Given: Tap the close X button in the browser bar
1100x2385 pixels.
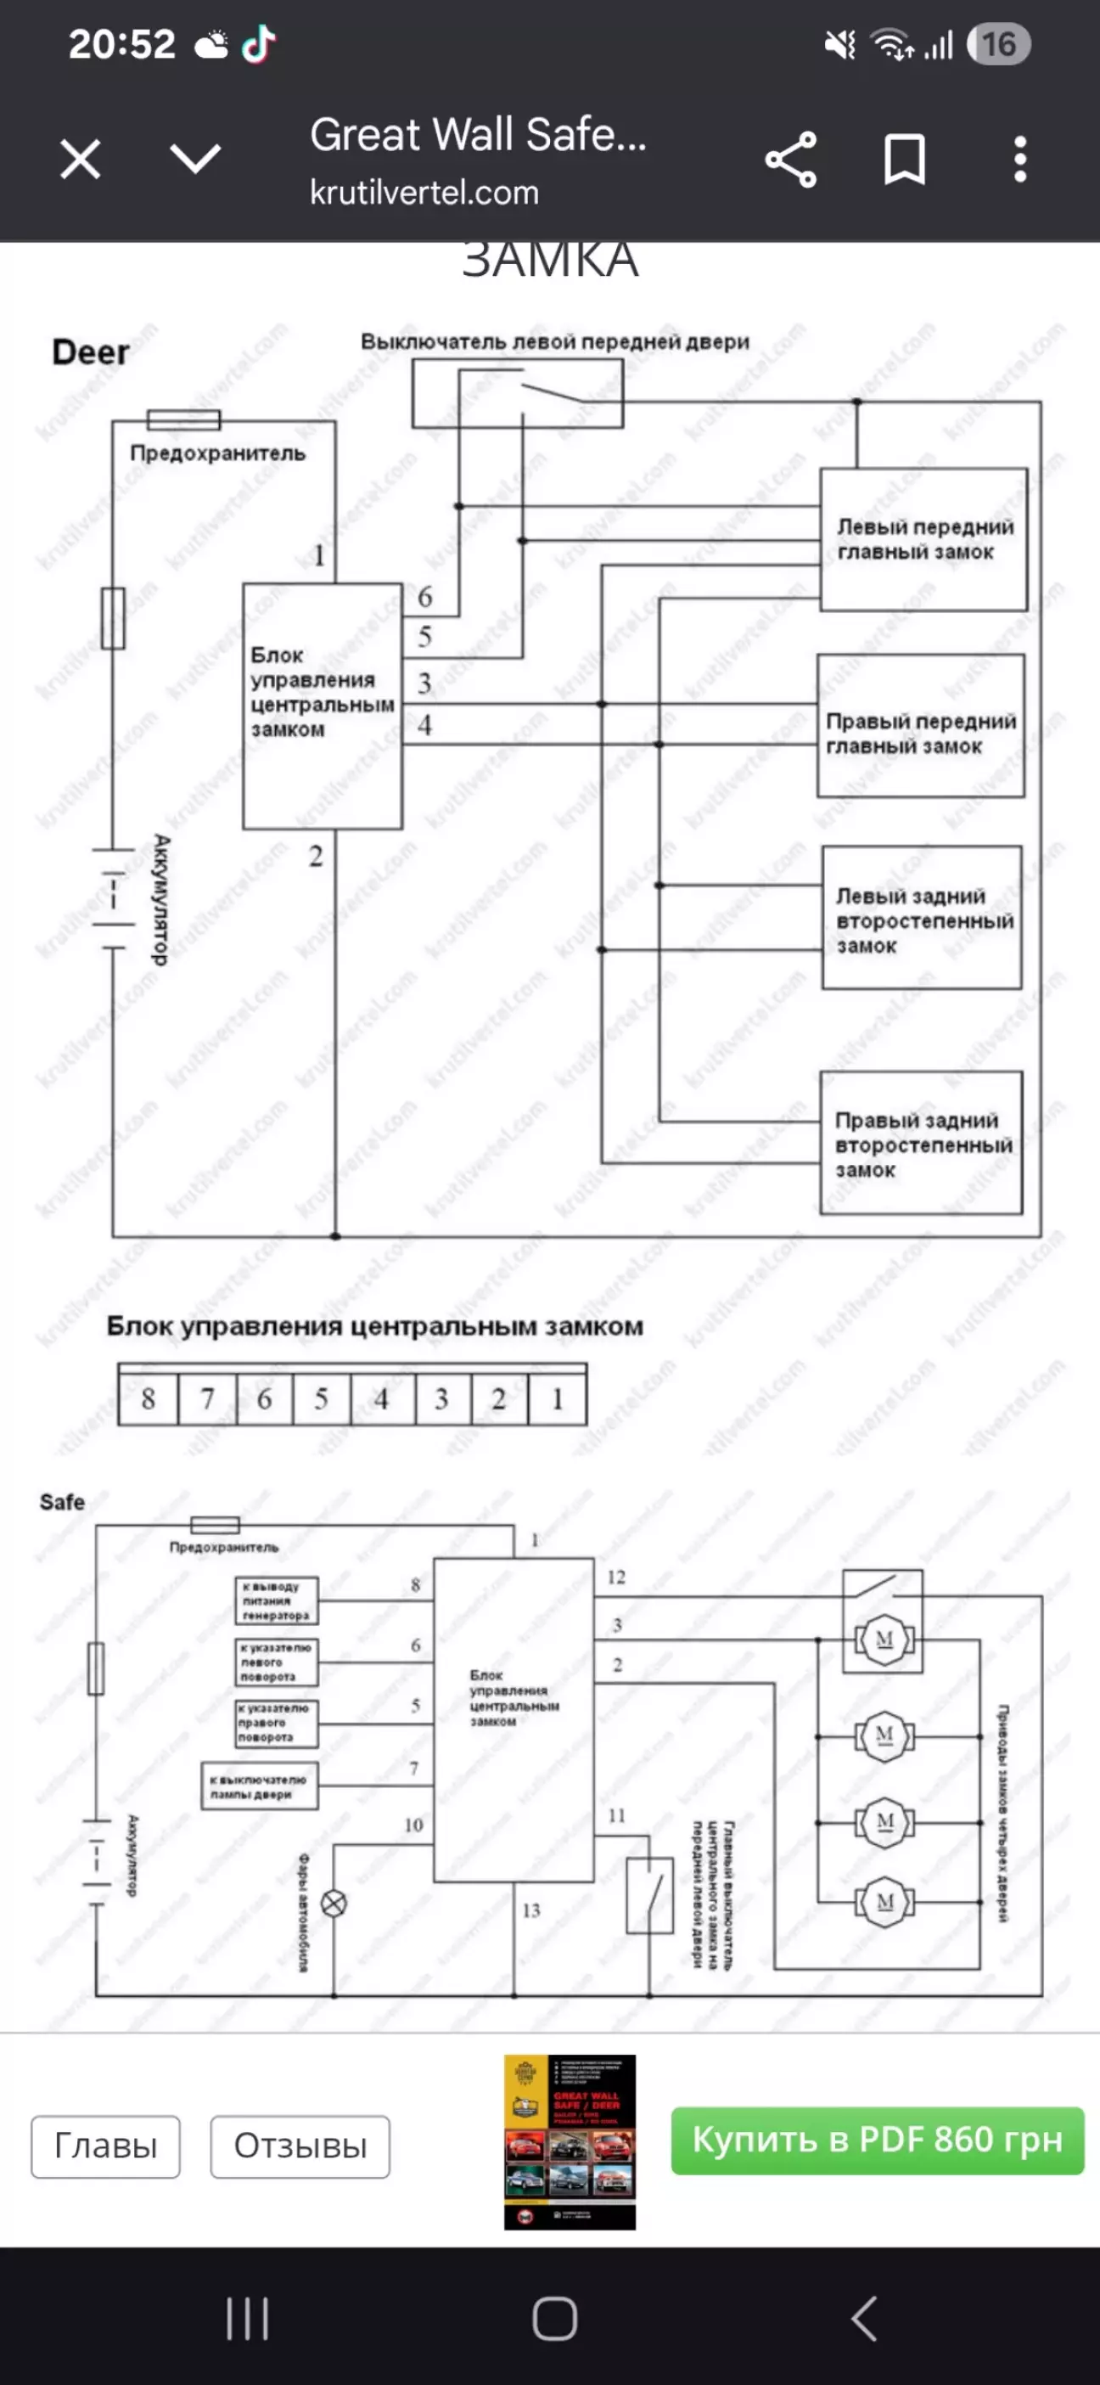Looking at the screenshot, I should tap(81, 160).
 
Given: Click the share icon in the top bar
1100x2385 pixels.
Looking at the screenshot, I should tap(791, 160).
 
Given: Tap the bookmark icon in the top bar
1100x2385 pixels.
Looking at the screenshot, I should tap(905, 160).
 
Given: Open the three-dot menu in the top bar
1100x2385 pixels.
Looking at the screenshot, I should tap(1019, 160).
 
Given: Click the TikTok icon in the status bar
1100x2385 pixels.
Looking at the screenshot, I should tap(258, 43).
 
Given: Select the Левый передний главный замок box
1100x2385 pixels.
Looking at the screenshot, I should tap(923, 539).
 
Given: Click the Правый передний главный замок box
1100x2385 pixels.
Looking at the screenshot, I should tap(920, 726).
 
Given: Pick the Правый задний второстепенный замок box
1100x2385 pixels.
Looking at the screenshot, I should tap(921, 1144).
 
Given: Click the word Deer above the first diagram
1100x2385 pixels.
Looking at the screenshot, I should tap(91, 352).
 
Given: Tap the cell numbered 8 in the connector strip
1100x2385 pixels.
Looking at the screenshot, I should tap(149, 1398).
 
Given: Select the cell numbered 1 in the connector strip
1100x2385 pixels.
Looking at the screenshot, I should tap(558, 1398).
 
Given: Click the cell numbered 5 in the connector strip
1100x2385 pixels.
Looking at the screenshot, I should tap(322, 1398).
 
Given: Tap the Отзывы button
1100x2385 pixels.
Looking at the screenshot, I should tap(300, 2146).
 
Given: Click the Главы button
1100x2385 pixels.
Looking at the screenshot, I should tap(105, 2146).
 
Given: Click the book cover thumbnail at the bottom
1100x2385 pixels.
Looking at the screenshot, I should tap(570, 2141).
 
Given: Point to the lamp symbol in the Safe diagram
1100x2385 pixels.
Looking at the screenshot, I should tap(334, 1904).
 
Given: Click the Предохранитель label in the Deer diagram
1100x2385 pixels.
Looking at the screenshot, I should tap(217, 453).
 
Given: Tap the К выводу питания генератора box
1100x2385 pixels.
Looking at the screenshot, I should tap(276, 1600).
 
